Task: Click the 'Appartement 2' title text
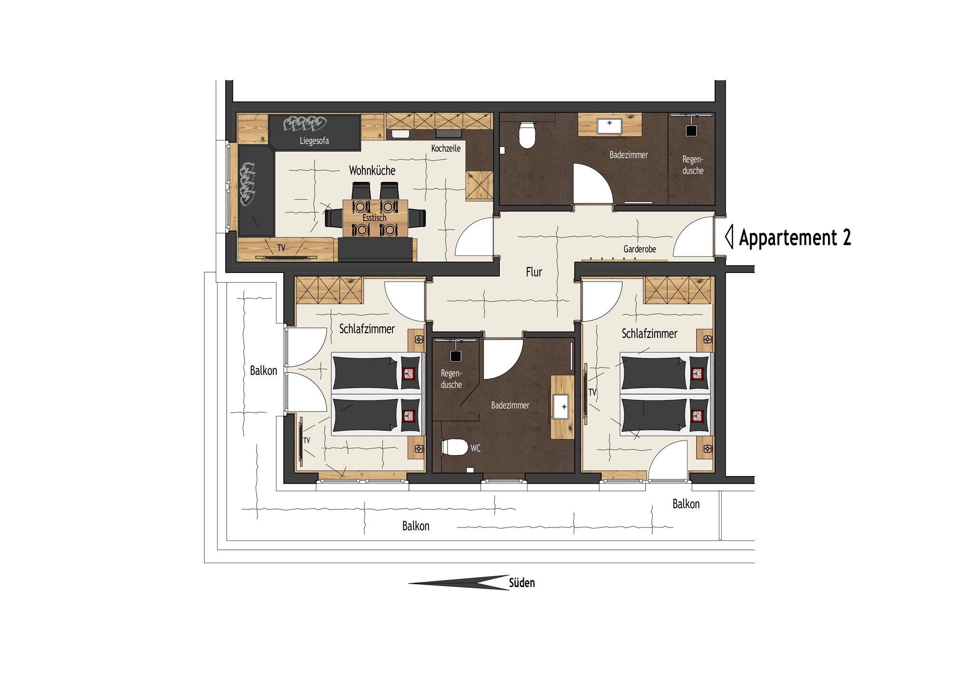795,238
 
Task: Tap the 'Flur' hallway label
534,272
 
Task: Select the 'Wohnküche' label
372,171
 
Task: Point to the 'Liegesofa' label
314,141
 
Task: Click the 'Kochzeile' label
446,149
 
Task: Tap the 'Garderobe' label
640,249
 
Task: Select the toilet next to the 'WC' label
454,447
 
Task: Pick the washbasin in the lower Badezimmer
562,407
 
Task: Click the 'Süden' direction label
522,583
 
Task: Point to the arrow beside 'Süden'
459,582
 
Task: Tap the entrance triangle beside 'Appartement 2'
729,237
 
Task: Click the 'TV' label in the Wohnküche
281,248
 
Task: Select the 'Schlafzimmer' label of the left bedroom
367,329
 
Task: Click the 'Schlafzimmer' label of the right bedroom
649,334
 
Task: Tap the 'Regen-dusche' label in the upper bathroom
693,165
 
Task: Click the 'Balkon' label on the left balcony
263,371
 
